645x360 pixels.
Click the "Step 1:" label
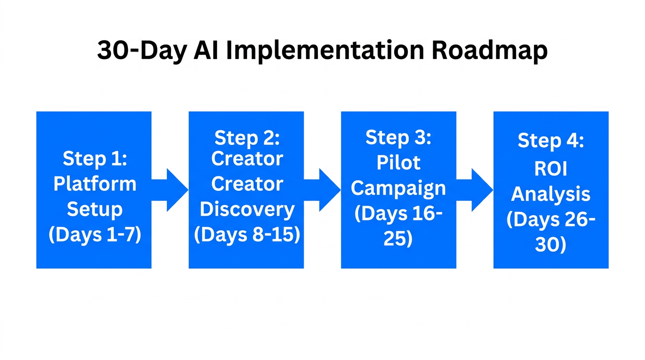coord(95,158)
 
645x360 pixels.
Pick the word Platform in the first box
coord(95,183)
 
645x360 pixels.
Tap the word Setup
coord(95,209)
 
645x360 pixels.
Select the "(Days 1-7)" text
coord(95,234)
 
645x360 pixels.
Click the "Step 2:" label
coord(247,138)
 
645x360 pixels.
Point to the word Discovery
coord(247,209)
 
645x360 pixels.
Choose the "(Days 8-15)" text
coord(247,234)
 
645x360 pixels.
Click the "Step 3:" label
coord(398,138)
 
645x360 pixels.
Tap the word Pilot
coord(398,163)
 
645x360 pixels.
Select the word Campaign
coord(398,188)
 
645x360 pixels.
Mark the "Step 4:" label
coord(551,141)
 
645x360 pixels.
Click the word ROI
coord(551,169)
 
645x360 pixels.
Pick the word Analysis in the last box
coord(551,194)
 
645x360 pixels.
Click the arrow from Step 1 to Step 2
coord(171,190)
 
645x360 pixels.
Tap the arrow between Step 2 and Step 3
coord(323,190)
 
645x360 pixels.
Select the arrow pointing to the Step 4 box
coord(475,190)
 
